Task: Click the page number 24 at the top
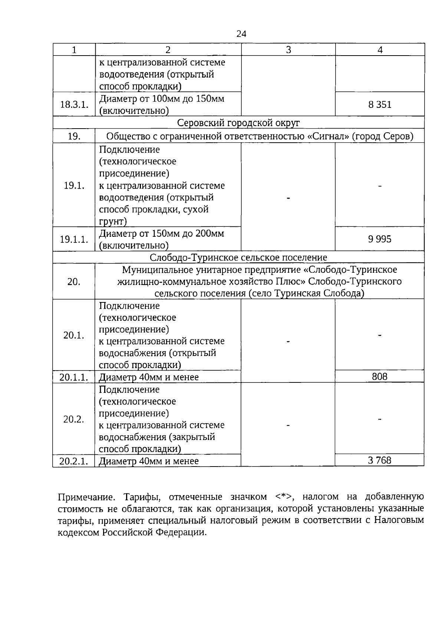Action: (x=241, y=34)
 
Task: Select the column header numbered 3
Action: (x=289, y=50)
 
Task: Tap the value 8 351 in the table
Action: (x=380, y=104)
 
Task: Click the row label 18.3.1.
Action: (x=74, y=104)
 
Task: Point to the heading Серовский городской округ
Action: (x=238, y=123)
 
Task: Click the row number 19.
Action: (x=74, y=136)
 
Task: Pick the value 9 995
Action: (x=380, y=239)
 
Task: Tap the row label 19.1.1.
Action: (x=74, y=239)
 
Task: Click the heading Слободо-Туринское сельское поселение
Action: (x=238, y=257)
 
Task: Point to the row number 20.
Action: (x=74, y=282)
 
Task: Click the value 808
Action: (x=380, y=376)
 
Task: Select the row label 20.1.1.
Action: (x=74, y=377)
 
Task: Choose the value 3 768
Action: (x=380, y=460)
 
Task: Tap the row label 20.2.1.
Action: (x=74, y=461)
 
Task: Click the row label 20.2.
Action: (x=74, y=419)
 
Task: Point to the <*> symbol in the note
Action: (x=284, y=497)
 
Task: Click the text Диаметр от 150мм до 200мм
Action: (x=162, y=234)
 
